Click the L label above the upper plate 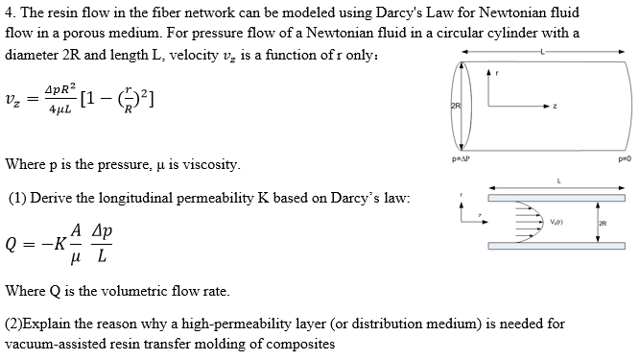[x=547, y=178]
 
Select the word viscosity [x=203, y=164]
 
